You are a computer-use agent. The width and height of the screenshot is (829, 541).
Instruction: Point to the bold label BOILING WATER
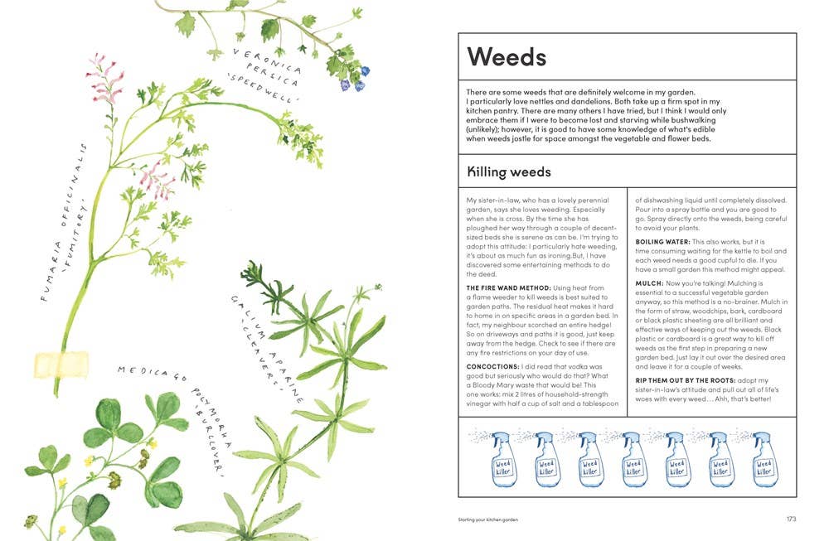662,242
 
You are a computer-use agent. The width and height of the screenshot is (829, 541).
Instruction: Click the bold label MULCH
649,283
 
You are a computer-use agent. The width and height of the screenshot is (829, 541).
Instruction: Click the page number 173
790,519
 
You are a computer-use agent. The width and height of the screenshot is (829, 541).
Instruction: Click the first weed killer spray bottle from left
502,460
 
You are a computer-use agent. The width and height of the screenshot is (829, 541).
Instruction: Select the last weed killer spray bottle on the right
762,460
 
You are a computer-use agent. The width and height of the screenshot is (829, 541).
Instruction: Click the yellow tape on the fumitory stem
61,363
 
